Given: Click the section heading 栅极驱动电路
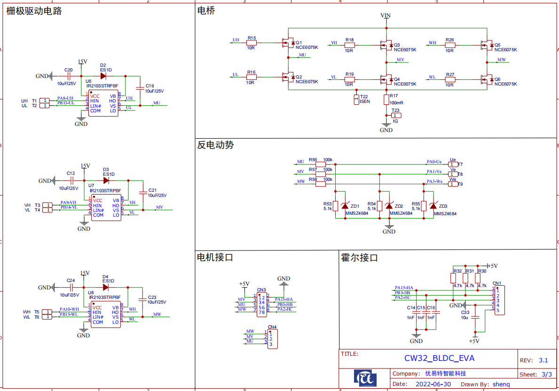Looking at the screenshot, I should tap(34, 11).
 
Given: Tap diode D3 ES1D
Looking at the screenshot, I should tap(106, 180).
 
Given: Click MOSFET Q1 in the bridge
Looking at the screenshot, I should tap(287, 43).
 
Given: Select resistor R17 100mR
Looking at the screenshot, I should tap(386, 99).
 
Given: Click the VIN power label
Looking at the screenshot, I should tap(386, 16).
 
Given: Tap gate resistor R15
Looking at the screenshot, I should tap(251, 43).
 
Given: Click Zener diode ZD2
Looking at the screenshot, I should tap(389, 206).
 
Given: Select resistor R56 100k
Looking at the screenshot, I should tap(321, 164).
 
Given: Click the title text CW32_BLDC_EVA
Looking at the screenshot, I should tap(439, 358).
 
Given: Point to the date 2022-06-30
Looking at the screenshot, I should tap(433, 384).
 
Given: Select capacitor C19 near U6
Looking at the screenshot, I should tap(139, 88).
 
